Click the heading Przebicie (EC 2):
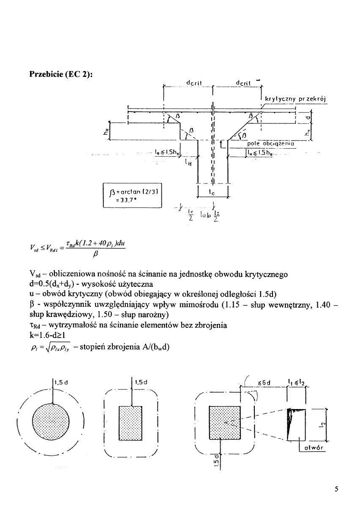(x=60, y=74)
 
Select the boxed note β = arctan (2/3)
(x=133, y=195)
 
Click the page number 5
(x=336, y=489)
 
